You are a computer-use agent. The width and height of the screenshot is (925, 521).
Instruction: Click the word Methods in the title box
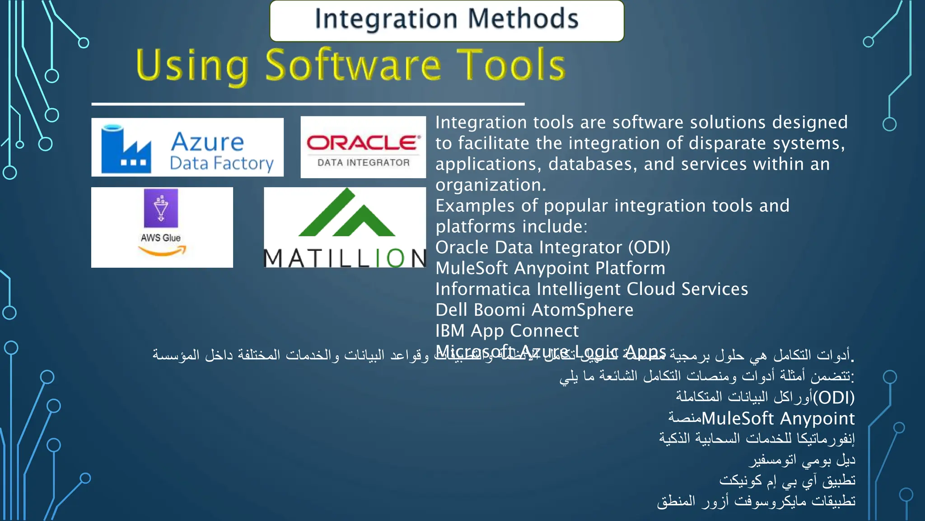tap(523, 19)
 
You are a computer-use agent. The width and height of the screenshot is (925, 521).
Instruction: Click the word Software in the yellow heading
tap(353, 66)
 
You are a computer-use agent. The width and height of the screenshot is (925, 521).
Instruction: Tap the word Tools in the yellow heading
tap(511, 66)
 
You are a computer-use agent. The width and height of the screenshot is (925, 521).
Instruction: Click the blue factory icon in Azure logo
tap(126, 149)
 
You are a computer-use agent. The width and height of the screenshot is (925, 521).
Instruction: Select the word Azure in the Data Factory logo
tap(207, 142)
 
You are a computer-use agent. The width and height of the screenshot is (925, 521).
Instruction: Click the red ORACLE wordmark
tap(364, 143)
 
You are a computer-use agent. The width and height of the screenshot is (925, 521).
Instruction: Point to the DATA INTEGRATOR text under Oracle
tap(364, 163)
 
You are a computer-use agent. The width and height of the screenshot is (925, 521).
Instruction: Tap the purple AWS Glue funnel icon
tap(161, 208)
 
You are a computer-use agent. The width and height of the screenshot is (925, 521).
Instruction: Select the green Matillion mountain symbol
tap(346, 215)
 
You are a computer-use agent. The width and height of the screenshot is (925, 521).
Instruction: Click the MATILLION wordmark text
tap(345, 259)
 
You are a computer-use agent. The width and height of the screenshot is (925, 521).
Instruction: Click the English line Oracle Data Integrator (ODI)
tap(552, 247)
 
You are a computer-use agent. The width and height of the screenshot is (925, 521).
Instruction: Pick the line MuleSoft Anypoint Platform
tap(550, 268)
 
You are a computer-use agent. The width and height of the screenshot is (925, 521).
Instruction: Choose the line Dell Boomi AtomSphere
tap(534, 310)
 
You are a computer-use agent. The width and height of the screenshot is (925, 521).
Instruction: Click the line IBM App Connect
tap(507, 331)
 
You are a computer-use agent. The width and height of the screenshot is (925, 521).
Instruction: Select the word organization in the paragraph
tap(490, 185)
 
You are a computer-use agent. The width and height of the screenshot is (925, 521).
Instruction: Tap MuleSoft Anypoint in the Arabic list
tap(778, 418)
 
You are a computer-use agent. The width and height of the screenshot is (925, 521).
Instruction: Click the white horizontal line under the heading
tap(308, 104)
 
